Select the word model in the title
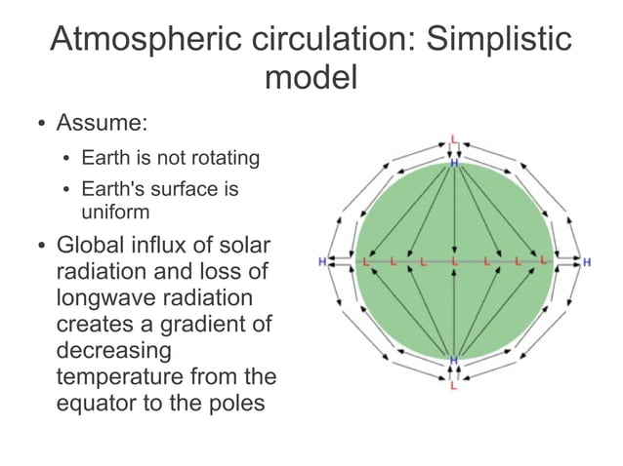point(311,76)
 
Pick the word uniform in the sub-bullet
point(112,208)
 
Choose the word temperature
point(125,374)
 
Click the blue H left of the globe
point(322,261)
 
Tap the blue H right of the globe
point(587,261)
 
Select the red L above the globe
point(454,139)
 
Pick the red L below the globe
point(453,387)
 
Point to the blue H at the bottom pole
point(453,361)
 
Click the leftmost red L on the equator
point(367,261)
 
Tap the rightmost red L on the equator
point(540,261)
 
